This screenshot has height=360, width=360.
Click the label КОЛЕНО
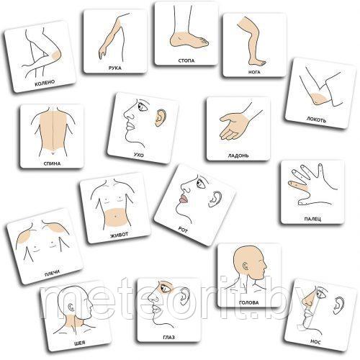click(x=45, y=83)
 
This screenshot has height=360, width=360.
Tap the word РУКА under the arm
click(x=115, y=68)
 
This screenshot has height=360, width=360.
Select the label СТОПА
click(x=186, y=60)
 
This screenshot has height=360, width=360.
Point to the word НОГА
click(x=254, y=72)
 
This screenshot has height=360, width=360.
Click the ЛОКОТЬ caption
click(x=316, y=120)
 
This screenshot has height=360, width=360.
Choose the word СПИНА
click(x=52, y=163)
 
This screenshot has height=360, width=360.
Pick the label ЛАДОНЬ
click(x=238, y=156)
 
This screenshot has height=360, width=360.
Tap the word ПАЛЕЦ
click(x=312, y=219)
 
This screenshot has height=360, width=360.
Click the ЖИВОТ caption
click(x=120, y=235)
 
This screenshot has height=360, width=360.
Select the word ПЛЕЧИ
click(x=52, y=273)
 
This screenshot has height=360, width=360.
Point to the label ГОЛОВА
click(x=249, y=302)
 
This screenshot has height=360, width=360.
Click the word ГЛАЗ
click(x=168, y=337)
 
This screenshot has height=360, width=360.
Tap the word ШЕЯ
click(x=80, y=343)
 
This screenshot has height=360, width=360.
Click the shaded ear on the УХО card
click(x=159, y=118)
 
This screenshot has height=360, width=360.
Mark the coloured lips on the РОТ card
click(x=183, y=199)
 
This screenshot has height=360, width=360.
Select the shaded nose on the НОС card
click(x=307, y=300)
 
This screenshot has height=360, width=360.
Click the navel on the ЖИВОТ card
click(x=115, y=217)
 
